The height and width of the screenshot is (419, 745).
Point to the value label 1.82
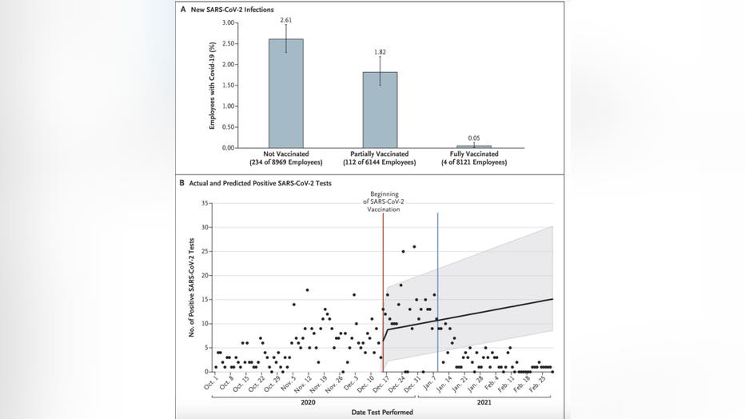click(x=380, y=49)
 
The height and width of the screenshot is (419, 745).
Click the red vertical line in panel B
click(x=383, y=304)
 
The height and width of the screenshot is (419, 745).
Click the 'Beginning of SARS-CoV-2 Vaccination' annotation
click(x=383, y=202)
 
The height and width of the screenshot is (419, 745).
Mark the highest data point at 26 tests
click(x=414, y=246)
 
